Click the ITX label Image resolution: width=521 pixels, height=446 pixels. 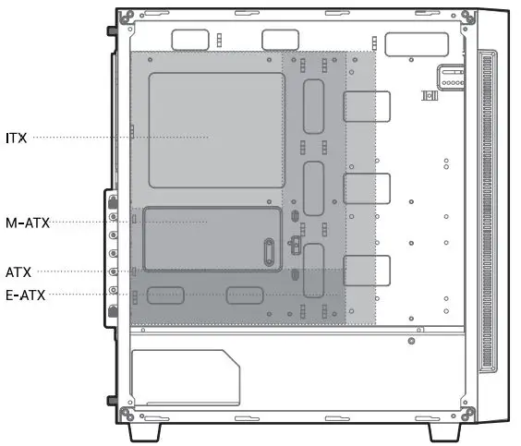click(x=17, y=138)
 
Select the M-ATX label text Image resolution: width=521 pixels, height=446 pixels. click(x=27, y=222)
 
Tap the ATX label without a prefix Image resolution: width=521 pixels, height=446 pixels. click(x=18, y=271)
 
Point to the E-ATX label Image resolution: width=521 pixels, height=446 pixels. click(x=25, y=295)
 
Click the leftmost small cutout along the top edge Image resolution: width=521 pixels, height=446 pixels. click(x=190, y=39)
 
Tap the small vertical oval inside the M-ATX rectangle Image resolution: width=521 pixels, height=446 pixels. click(x=267, y=250)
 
